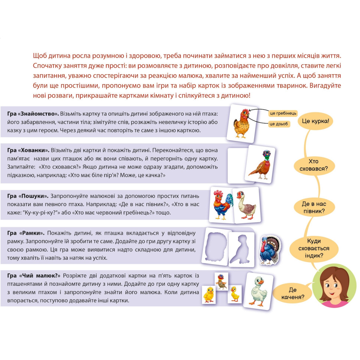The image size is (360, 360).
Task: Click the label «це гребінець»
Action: (x=283, y=113)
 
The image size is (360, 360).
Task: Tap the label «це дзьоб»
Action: (x=279, y=124)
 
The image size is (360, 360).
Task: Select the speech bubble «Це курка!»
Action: (x=315, y=121)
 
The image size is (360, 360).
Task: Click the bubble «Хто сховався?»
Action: (x=314, y=165)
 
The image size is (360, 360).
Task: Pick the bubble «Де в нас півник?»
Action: (x=314, y=207)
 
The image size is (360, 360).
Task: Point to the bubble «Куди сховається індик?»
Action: (x=314, y=248)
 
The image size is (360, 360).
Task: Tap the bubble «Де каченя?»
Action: (x=293, y=294)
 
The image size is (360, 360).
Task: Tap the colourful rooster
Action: (x=222, y=205)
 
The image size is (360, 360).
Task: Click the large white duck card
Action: (x=258, y=291)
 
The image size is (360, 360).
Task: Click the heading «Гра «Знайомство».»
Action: (x=33, y=114)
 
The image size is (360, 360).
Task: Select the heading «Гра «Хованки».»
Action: (x=28, y=150)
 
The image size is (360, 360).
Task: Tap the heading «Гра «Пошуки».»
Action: (x=28, y=196)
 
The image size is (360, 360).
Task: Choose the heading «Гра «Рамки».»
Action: (x=26, y=233)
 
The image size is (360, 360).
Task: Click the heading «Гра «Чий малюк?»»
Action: (x=34, y=276)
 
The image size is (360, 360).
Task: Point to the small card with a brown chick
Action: (x=221, y=281)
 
